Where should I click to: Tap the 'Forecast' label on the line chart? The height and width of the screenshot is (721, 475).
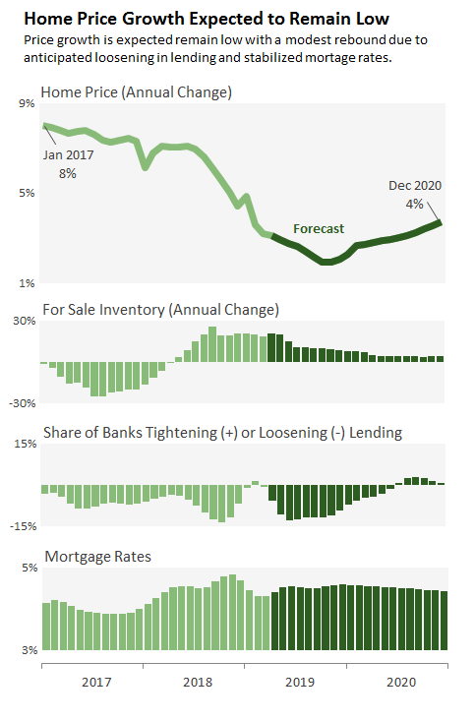pyautogui.click(x=319, y=229)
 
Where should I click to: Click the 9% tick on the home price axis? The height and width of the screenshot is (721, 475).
pyautogui.click(x=27, y=102)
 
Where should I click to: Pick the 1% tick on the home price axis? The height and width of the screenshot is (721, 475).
pyautogui.click(x=27, y=283)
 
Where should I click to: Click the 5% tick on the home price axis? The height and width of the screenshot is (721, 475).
pyautogui.click(x=27, y=193)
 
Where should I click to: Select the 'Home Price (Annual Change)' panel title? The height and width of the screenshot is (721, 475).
pyautogui.click(x=136, y=92)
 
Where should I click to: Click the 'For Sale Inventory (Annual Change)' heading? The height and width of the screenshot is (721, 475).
pyautogui.click(x=160, y=310)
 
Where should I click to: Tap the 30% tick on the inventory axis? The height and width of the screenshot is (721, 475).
pyautogui.click(x=24, y=321)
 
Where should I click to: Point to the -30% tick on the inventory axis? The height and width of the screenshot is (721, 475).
pyautogui.click(x=22, y=403)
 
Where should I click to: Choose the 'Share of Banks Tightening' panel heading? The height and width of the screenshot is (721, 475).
pyautogui.click(x=221, y=433)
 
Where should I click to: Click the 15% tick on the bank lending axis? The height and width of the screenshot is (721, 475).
pyautogui.click(x=24, y=444)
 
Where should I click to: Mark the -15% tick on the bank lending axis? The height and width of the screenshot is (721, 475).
pyautogui.click(x=22, y=526)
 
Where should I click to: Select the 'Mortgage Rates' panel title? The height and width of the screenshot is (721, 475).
pyautogui.click(x=95, y=557)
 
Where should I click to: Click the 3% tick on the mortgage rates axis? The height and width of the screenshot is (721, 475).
pyautogui.click(x=27, y=650)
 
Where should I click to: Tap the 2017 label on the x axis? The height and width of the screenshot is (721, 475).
pyautogui.click(x=95, y=682)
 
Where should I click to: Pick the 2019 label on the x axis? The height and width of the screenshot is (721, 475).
pyautogui.click(x=299, y=682)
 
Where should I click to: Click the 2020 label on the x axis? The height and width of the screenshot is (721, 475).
pyautogui.click(x=400, y=682)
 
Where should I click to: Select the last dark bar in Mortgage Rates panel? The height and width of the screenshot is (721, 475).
pyautogui.click(x=444, y=621)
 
